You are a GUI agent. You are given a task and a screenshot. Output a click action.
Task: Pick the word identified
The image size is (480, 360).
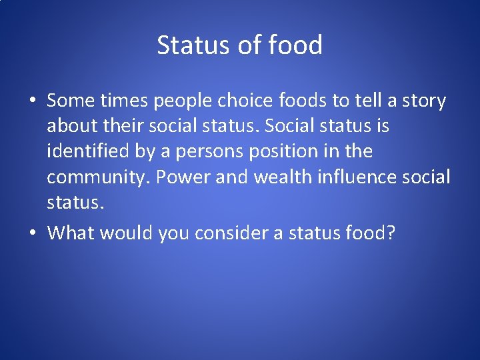click(88, 152)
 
